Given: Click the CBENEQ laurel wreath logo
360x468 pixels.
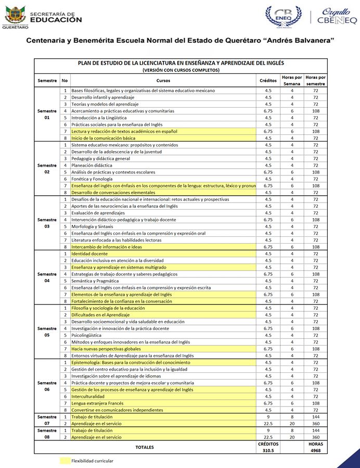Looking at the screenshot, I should (284, 17).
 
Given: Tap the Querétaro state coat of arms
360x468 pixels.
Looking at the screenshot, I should (16, 16).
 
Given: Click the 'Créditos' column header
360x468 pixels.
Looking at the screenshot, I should (268, 81).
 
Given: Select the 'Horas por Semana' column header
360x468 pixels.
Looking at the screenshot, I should (292, 81).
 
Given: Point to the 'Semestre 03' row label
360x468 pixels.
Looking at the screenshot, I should (47, 223).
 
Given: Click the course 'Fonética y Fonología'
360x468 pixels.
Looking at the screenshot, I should (92, 179).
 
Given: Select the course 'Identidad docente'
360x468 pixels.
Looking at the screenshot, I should (89, 254).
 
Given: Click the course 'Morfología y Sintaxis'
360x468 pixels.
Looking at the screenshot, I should (93, 226).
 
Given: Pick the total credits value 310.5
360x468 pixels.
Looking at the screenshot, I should (268, 451).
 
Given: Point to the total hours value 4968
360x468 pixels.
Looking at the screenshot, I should (315, 451).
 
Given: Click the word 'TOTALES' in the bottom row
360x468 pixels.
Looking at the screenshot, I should (145, 447).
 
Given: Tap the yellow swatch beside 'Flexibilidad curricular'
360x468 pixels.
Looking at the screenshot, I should (65, 461).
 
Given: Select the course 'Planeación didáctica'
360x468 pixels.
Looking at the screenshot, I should (92, 166).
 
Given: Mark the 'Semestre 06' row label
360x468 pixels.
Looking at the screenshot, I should (47, 386).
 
